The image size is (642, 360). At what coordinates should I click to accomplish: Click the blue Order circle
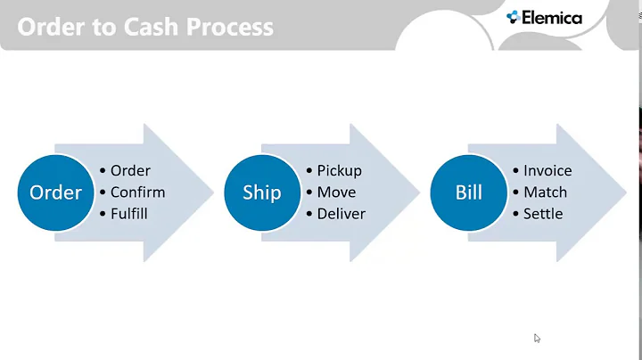(x=55, y=192)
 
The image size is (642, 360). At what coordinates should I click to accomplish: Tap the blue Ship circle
(x=262, y=192)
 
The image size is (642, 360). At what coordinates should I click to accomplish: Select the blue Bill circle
(x=469, y=192)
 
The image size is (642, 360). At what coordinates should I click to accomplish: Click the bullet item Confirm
(x=137, y=192)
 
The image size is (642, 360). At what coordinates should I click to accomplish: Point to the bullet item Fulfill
(x=129, y=214)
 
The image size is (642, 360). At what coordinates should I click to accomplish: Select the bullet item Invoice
(x=547, y=170)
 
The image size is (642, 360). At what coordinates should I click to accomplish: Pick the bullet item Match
(x=545, y=192)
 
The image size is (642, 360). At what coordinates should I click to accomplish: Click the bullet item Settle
(x=543, y=214)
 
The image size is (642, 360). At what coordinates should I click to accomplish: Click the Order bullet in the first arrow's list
(x=130, y=170)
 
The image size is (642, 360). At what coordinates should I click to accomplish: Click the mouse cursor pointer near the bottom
(x=537, y=338)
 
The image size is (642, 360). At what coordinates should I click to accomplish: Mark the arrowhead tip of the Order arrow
(x=211, y=192)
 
